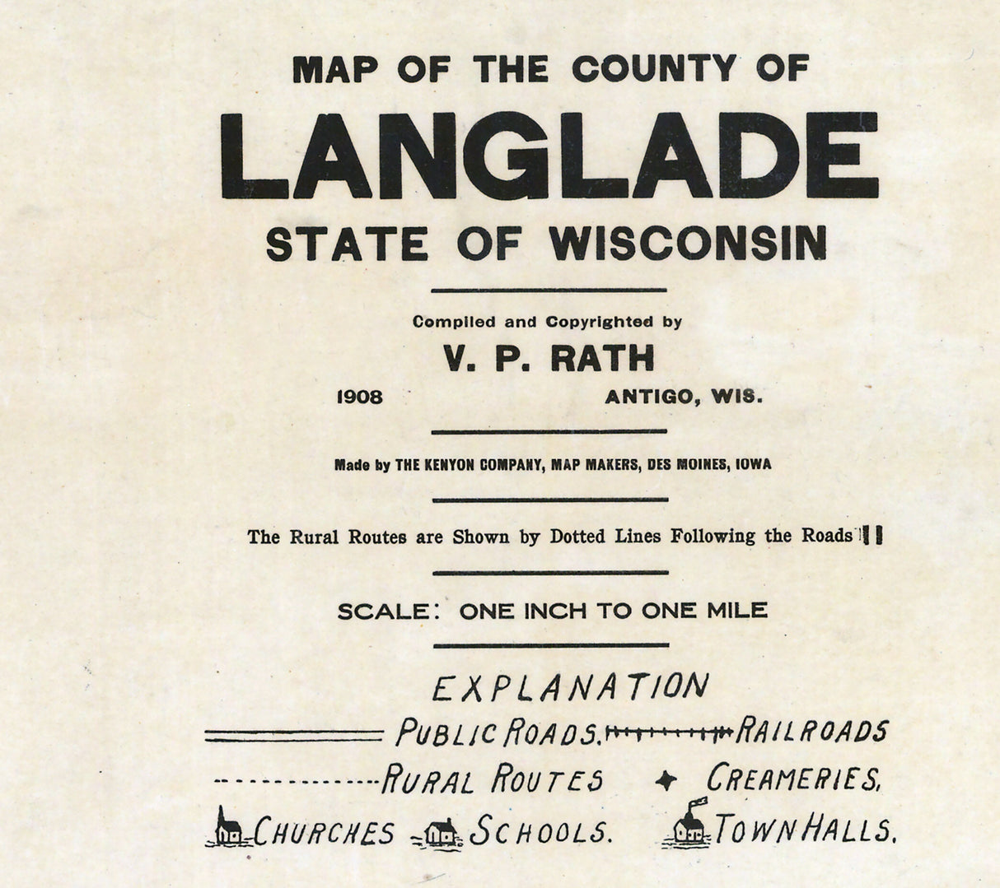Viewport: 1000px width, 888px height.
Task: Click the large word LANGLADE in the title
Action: point(549,156)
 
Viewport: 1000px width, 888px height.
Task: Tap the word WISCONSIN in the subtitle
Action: point(688,243)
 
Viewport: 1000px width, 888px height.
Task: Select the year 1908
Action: point(360,398)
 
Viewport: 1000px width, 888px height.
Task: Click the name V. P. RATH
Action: point(549,358)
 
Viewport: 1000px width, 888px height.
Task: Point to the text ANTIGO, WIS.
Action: point(685,398)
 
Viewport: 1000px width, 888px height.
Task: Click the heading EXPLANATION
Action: point(569,687)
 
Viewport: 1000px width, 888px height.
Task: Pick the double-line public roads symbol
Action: point(293,736)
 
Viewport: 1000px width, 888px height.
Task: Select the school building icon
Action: point(441,831)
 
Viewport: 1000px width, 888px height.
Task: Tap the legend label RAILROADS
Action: point(812,731)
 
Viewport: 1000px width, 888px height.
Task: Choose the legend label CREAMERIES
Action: point(793,779)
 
